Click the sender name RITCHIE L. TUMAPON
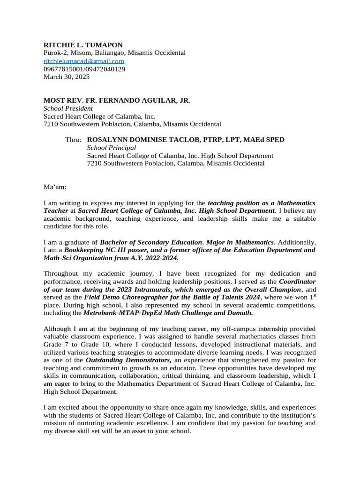coord(83,45)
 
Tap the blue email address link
coord(84,61)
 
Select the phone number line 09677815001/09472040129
coord(84,69)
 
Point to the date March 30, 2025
coord(67,77)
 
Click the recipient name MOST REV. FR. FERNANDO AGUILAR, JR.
coord(117,101)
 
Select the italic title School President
coord(68,109)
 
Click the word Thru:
coord(73,140)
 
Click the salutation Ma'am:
coord(55,187)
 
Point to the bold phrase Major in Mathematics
coord(241,242)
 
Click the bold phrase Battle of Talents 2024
coord(222,298)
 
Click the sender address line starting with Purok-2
coord(115,53)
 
